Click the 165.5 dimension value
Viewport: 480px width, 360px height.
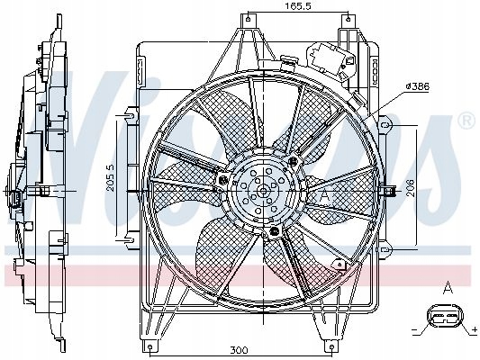point(297,6)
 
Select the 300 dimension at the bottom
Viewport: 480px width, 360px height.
point(239,350)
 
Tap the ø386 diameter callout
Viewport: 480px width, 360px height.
point(418,86)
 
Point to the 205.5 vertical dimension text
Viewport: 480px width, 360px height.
point(110,177)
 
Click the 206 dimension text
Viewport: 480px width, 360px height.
point(410,187)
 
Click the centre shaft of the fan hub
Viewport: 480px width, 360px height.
point(262,192)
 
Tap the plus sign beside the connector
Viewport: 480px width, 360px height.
point(475,329)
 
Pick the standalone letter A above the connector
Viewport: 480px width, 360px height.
point(448,288)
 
